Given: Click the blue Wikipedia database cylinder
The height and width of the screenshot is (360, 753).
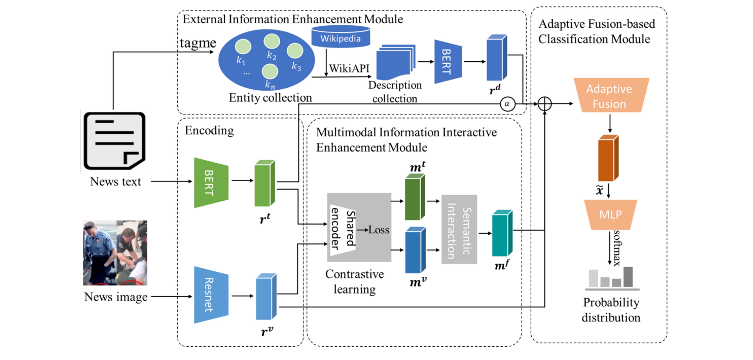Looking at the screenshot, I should click(340, 37).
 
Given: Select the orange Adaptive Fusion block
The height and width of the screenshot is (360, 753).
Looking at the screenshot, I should click(611, 96).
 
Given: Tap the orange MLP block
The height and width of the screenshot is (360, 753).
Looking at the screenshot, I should click(610, 215).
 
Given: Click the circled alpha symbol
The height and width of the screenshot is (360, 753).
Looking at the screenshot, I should click(507, 104).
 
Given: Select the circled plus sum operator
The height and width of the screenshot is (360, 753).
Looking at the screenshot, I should click(545, 104).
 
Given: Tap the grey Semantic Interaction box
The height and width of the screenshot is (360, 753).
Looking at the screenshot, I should click(459, 229).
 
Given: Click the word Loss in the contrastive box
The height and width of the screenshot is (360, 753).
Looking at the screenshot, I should click(379, 230).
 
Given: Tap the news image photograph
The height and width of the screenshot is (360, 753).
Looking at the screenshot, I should click(115, 253).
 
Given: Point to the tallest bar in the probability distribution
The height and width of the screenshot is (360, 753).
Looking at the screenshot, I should click(628, 277).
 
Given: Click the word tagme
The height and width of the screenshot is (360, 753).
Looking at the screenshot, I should click(198, 43).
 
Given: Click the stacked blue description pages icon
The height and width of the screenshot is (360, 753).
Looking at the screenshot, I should click(395, 62).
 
